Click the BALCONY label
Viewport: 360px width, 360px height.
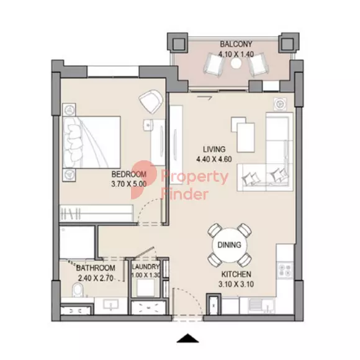pyautogui.click(x=236, y=44)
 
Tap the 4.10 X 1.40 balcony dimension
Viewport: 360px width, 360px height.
pyautogui.click(x=236, y=54)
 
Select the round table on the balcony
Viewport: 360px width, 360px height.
pyautogui.click(x=236, y=63)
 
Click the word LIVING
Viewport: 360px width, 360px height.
pyautogui.click(x=214, y=149)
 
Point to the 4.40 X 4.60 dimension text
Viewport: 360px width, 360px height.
pyautogui.click(x=214, y=159)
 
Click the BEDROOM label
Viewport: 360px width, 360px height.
pyautogui.click(x=129, y=174)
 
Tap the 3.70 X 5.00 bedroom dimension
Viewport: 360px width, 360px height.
pyautogui.click(x=129, y=184)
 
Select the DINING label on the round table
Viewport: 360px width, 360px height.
pyautogui.click(x=230, y=245)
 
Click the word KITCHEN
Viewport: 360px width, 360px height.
pyautogui.click(x=236, y=274)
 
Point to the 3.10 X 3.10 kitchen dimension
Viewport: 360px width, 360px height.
pyautogui.click(x=236, y=284)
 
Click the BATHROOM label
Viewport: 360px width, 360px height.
pyautogui.click(x=96, y=268)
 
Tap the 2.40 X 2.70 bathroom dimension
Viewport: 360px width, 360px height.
pyautogui.click(x=96, y=278)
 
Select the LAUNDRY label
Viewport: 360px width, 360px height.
pyautogui.click(x=146, y=267)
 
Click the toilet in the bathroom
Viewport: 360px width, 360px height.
pyautogui.click(x=78, y=290)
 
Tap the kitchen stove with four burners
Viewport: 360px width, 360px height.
pyautogui.click(x=285, y=270)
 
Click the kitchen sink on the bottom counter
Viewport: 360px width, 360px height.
pyautogui.click(x=262, y=305)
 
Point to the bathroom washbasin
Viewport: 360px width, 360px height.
pyautogui.click(x=111, y=305)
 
